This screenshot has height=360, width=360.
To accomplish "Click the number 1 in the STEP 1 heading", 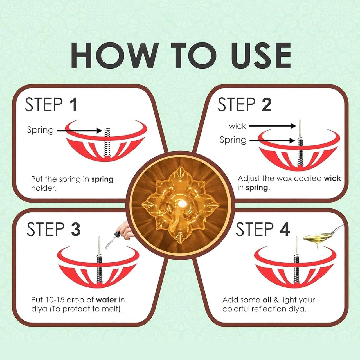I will pyautogui.click(x=73, y=105).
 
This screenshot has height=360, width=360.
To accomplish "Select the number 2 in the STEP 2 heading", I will pyautogui.click(x=267, y=105).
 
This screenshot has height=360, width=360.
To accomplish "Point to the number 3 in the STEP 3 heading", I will pyautogui.click(x=75, y=229).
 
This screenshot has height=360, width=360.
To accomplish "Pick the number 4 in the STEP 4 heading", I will pyautogui.click(x=285, y=229).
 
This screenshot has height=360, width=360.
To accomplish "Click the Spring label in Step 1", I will pyautogui.click(x=40, y=130).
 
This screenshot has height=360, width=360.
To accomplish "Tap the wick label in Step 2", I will pyautogui.click(x=237, y=126).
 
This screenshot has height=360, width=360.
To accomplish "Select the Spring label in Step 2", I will pyautogui.click(x=233, y=140).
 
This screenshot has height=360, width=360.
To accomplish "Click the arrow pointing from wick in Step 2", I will pyautogui.click(x=272, y=126).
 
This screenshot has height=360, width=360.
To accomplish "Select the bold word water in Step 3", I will pyautogui.click(x=106, y=300).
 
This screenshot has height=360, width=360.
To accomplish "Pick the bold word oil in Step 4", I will pyautogui.click(x=267, y=300).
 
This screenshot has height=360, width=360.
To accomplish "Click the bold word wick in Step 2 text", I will pyautogui.click(x=332, y=178).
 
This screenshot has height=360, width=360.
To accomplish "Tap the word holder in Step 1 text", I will pyautogui.click(x=44, y=188).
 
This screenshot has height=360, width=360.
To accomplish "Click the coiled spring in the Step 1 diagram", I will pyautogui.click(x=107, y=142).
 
